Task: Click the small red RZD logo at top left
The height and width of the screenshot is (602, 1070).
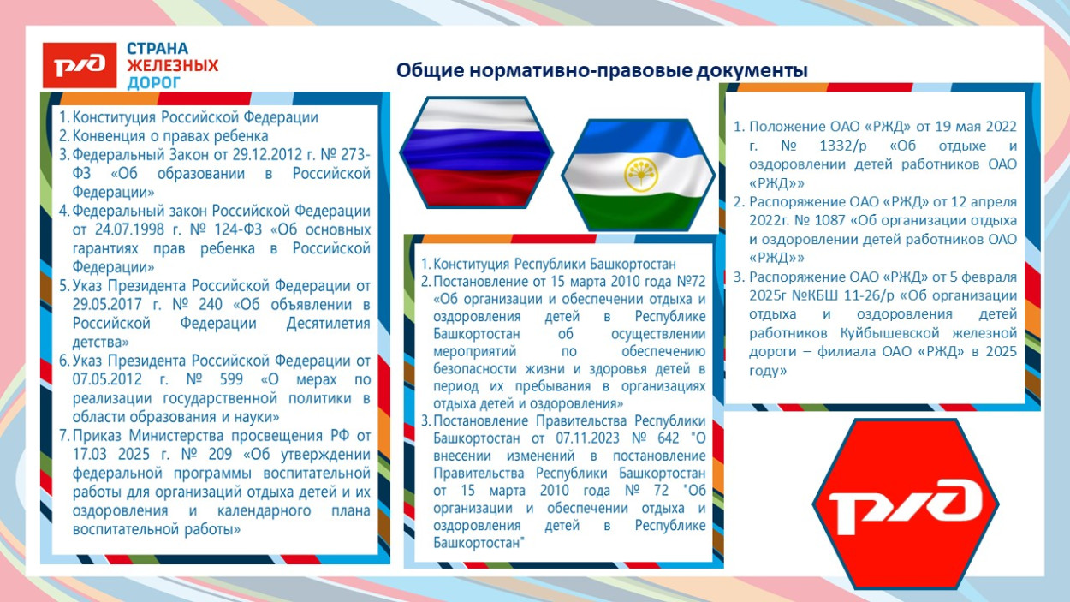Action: [x=80, y=65]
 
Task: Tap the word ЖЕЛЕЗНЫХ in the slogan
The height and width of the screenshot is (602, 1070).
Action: [x=172, y=66]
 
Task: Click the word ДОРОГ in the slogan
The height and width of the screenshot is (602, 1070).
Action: [x=154, y=83]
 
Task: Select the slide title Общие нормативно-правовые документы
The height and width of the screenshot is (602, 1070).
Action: [x=601, y=71]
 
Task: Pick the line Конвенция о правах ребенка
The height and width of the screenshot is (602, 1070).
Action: [x=170, y=136]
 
